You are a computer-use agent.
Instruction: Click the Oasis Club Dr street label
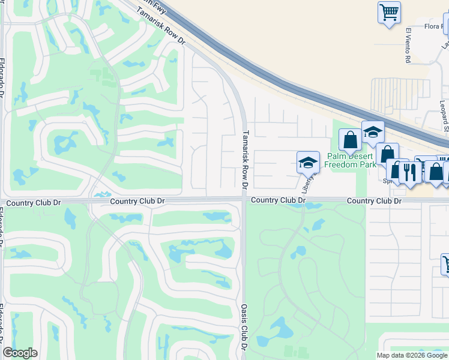point(244,327)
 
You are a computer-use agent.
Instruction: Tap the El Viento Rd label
point(407,45)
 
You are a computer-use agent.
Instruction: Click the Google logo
point(20,353)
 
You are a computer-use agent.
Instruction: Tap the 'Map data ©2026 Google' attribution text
point(412,355)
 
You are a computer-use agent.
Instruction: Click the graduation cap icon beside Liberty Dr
point(308,161)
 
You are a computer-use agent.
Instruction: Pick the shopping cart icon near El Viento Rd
point(389,11)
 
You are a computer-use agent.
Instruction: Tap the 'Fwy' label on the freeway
point(157,3)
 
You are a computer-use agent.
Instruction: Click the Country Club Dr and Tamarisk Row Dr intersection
point(244,200)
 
